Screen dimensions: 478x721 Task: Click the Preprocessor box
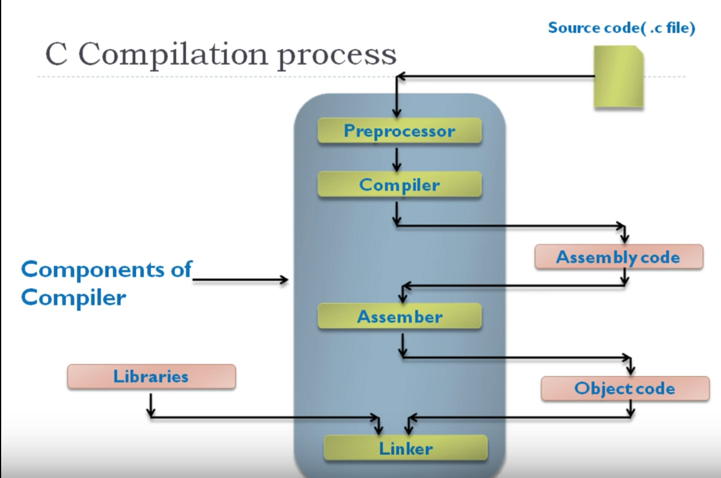399,130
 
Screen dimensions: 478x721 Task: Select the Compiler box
399,184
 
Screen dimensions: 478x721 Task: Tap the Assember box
399,316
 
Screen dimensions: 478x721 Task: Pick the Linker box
405,448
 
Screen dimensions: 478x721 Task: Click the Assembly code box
618,257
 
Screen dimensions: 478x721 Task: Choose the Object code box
625,389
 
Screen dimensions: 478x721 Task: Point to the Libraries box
151,377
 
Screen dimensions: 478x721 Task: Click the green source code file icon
618,78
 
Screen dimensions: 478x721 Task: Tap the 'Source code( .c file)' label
621,28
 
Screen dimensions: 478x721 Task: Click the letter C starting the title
56,55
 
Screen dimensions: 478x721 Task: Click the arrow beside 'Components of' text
241,279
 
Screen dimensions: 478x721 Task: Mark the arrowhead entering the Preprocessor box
397,112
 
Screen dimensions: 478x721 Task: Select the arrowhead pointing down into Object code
630,369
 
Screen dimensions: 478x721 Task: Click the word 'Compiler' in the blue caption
73,297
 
